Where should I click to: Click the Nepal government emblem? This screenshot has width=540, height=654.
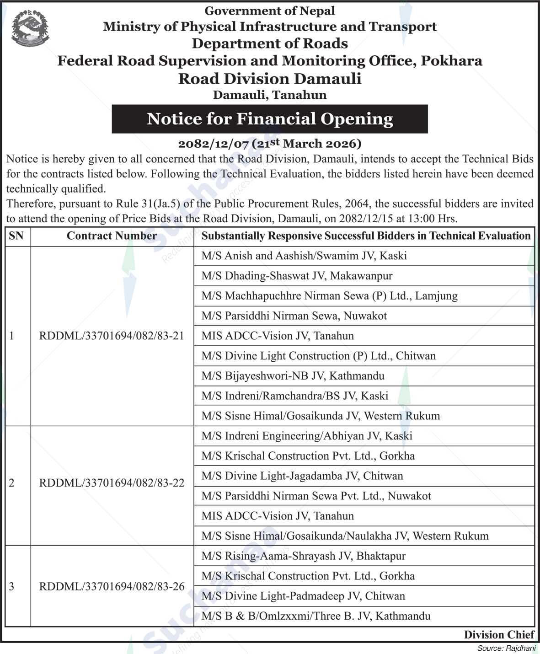[x=30, y=28]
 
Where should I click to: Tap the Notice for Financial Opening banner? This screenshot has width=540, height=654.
[x=270, y=119]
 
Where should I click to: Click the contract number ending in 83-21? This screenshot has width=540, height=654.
[x=112, y=336]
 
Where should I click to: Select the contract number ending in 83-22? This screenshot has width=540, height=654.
[x=112, y=483]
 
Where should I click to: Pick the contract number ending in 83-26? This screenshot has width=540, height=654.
[x=112, y=586]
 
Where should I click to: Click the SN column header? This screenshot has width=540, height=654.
[x=16, y=236]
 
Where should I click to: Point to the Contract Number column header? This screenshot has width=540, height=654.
[x=112, y=236]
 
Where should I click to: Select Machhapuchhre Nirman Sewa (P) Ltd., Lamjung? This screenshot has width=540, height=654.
[x=329, y=296]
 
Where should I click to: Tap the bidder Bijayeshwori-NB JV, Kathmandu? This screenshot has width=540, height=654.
[x=293, y=376]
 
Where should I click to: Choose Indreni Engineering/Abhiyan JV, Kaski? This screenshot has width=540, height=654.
[x=307, y=436]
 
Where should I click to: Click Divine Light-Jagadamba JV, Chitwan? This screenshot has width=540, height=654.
[x=302, y=476]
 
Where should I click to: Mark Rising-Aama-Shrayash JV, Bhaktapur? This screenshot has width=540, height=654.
[x=303, y=556]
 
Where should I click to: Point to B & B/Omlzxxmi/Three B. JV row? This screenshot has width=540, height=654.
[x=316, y=616]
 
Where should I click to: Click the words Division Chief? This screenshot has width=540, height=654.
[x=499, y=635]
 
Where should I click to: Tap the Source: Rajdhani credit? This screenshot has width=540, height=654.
[x=505, y=648]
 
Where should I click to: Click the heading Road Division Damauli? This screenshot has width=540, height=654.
[x=270, y=79]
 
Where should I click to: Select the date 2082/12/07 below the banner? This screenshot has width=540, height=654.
[x=213, y=144]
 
